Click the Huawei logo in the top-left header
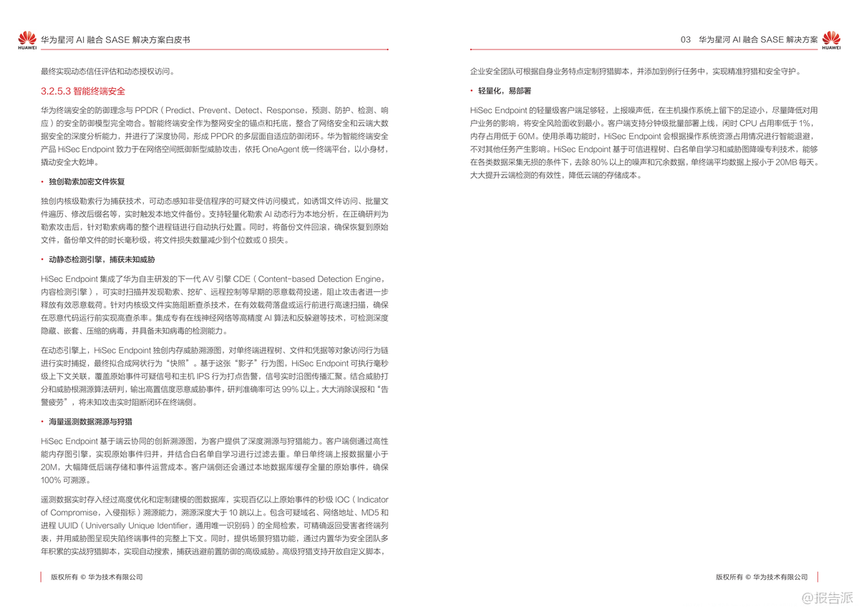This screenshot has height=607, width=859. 26,41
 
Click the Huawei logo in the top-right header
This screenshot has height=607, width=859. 831,41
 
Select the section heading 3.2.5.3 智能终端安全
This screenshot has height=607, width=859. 83,92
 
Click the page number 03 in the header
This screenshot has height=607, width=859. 685,40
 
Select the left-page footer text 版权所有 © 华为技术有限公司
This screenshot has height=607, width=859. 96,576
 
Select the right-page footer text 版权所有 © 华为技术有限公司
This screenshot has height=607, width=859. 762,576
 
